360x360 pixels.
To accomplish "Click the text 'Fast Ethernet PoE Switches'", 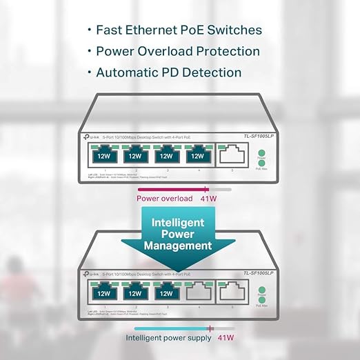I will point(178,30).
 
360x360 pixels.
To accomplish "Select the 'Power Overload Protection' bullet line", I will point(178,51).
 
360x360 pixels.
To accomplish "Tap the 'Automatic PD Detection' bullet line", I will point(168,72).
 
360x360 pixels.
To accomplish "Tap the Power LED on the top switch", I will point(261,151).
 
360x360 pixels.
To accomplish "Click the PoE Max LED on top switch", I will point(261,163).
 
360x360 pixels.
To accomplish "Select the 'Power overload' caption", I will point(164,199).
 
